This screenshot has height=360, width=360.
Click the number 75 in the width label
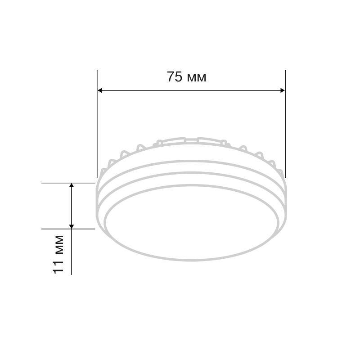tap(175, 76)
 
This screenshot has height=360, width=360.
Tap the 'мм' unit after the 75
tap(197, 78)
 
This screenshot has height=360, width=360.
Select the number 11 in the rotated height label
tap(58, 267)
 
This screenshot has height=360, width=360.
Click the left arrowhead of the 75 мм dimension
tap(99, 90)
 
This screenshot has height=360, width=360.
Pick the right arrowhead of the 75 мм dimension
tap(283, 90)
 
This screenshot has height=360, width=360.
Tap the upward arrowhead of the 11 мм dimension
tap(72, 185)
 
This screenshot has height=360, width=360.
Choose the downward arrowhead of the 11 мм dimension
tap(72, 227)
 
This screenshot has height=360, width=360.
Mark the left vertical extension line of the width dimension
tap(97, 124)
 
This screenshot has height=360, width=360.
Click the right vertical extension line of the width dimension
tap(285, 124)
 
